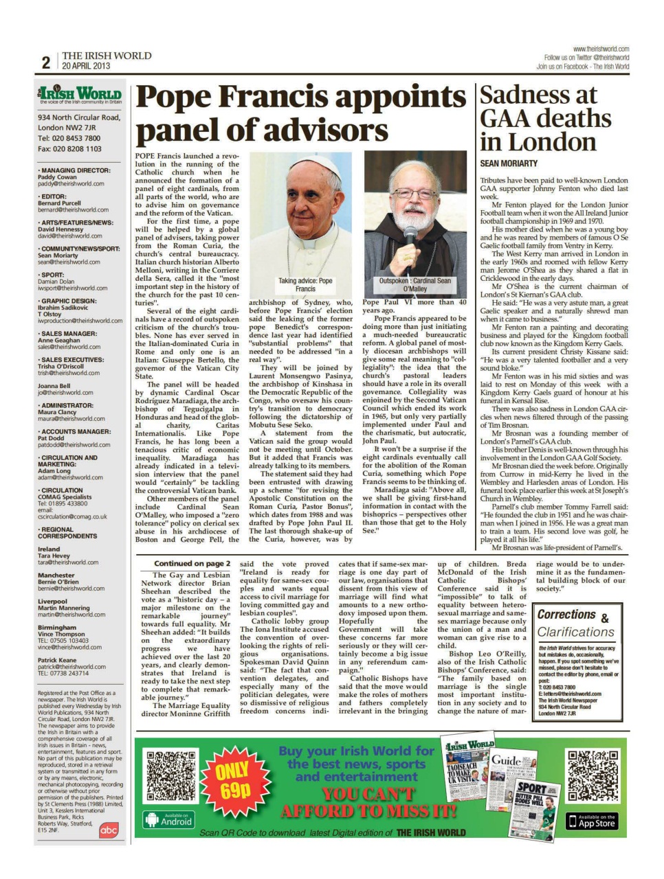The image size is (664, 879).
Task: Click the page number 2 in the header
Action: [x=45, y=62]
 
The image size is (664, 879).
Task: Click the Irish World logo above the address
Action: [x=80, y=95]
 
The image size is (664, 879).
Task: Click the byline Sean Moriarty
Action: [x=509, y=163]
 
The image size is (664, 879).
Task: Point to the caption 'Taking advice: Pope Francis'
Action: [x=305, y=285]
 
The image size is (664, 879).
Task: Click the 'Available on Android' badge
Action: [x=169, y=819]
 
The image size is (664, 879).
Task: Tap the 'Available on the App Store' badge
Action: [x=591, y=821]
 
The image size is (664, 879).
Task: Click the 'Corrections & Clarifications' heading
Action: [x=575, y=624]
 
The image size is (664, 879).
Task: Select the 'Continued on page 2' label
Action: [x=192, y=564]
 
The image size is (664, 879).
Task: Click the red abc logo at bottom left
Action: [x=109, y=830]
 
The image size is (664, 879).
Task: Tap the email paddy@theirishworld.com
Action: [x=71, y=184]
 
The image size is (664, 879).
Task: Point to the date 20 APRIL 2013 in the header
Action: [x=86, y=67]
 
